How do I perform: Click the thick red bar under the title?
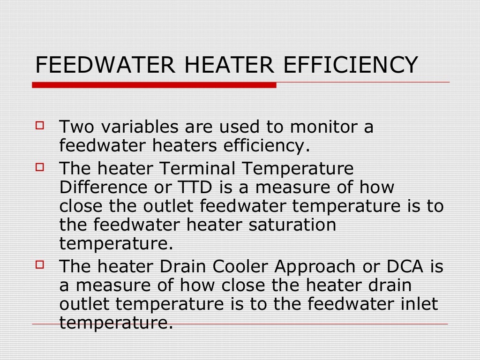154,85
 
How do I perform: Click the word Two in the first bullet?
75,127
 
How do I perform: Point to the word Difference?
100,187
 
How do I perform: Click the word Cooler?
242,266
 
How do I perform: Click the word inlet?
419,304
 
